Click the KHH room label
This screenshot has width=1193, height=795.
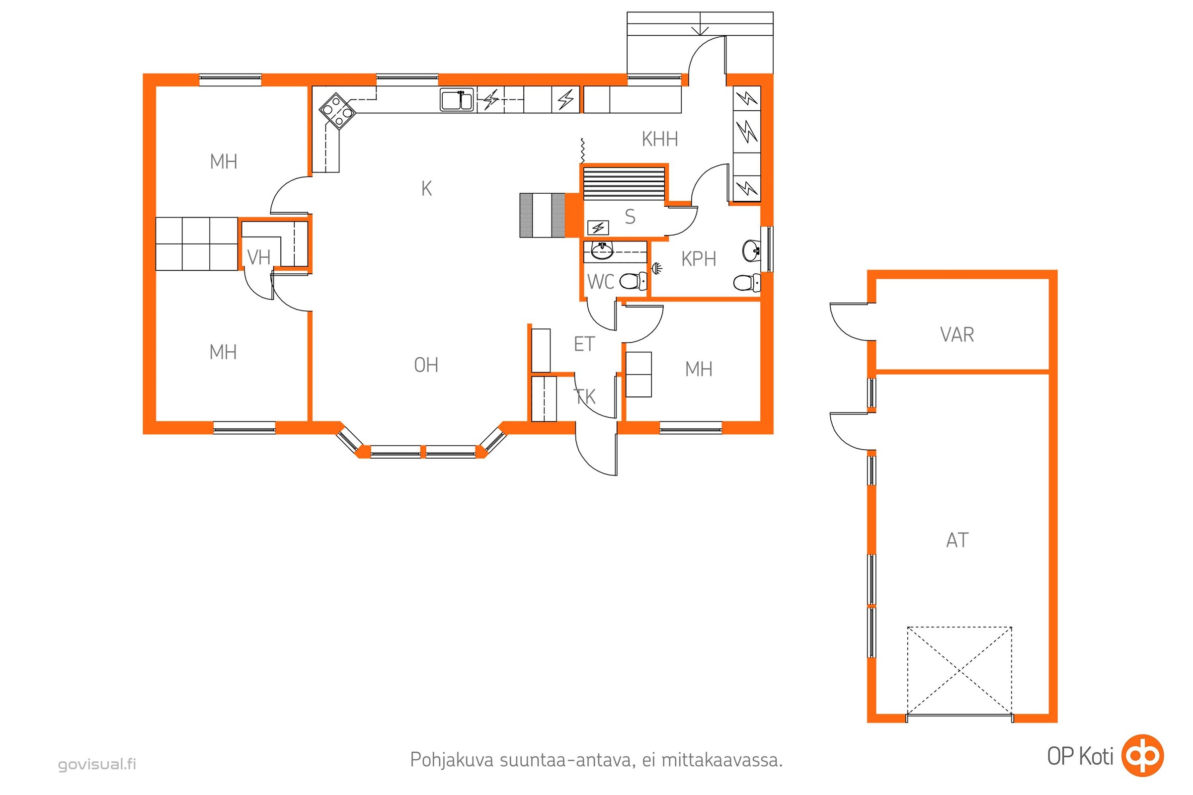point(659,139)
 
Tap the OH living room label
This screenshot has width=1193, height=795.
point(426,365)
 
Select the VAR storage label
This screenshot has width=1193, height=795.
point(956,334)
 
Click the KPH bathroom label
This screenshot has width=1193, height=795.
point(699,259)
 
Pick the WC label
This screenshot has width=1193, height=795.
point(600,281)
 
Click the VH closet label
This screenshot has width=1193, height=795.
point(258,257)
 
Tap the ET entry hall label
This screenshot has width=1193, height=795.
point(584,345)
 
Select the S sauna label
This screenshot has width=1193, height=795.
point(630,217)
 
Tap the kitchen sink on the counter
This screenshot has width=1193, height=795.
point(457,99)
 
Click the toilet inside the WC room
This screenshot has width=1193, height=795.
point(633,281)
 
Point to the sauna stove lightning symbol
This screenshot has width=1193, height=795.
point(598,228)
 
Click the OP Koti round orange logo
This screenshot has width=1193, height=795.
point(1142,755)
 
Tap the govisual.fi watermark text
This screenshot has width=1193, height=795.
point(97,765)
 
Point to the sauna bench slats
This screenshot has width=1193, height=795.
point(624,184)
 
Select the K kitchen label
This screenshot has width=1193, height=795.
point(426,189)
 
